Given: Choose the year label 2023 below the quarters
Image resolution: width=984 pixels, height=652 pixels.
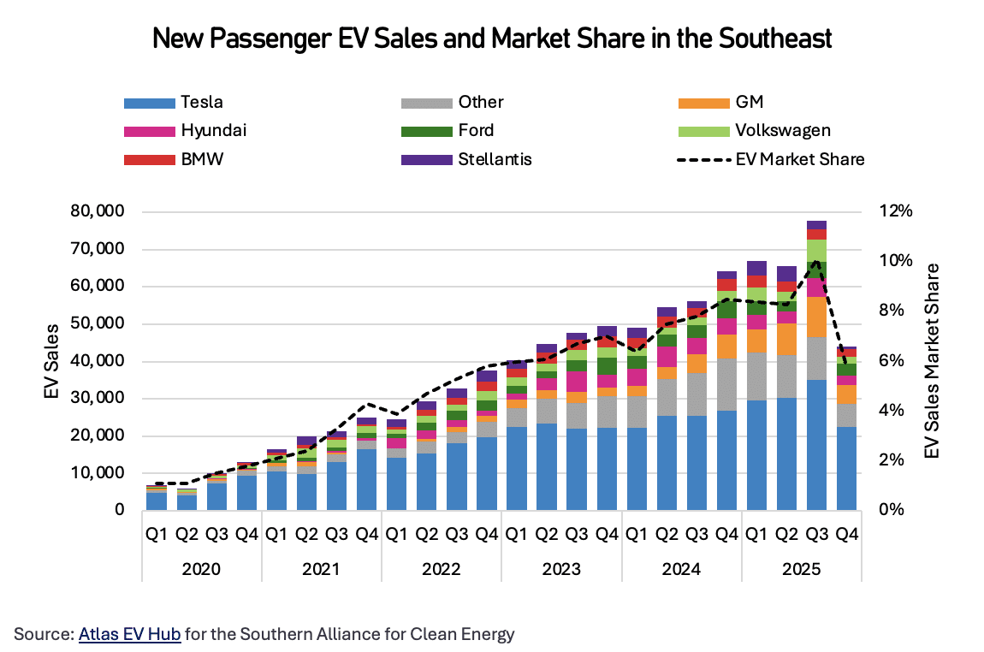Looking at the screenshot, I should click(561, 570).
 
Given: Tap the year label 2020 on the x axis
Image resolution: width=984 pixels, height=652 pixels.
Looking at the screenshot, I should click(201, 570).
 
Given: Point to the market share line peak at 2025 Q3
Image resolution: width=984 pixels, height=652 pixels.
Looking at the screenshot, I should click(816, 262).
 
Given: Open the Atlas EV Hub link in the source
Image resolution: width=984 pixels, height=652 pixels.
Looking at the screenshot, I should click(129, 634).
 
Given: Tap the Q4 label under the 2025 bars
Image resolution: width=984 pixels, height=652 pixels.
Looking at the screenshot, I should click(846, 534).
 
